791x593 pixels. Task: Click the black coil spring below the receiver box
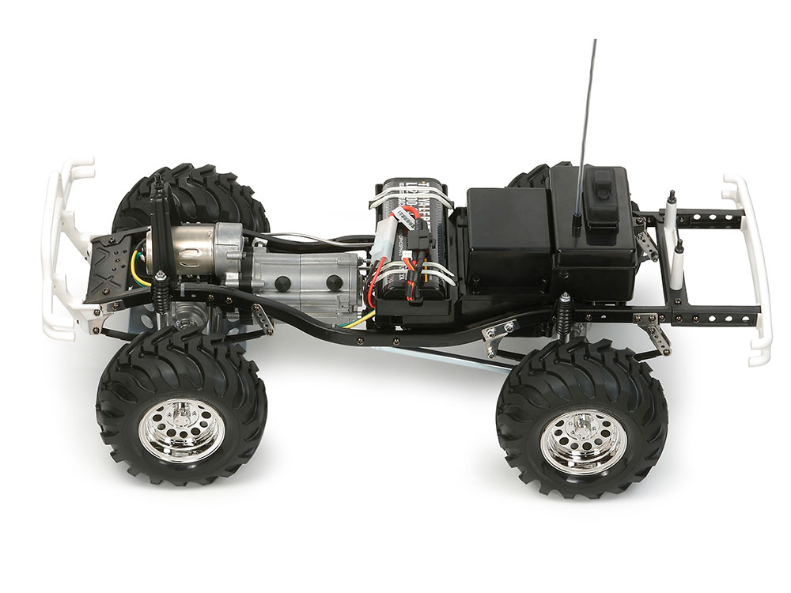click(566, 316)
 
